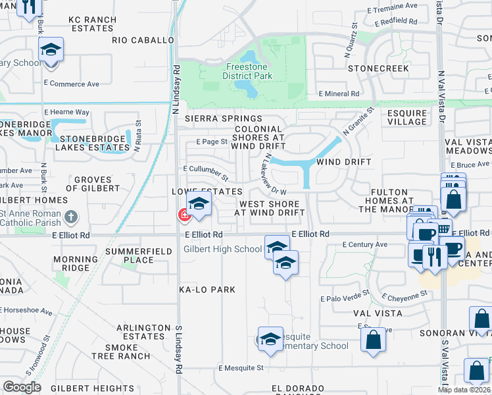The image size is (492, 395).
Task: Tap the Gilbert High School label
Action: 222,249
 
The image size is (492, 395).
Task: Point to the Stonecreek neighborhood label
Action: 378,68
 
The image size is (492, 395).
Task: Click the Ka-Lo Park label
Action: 207,290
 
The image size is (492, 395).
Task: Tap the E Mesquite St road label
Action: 241,368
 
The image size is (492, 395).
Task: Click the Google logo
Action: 22,387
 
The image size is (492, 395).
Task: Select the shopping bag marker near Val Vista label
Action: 373,340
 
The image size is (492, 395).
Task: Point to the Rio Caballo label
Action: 142,40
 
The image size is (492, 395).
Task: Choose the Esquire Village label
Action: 406,117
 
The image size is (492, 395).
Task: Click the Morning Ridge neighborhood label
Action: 71,263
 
